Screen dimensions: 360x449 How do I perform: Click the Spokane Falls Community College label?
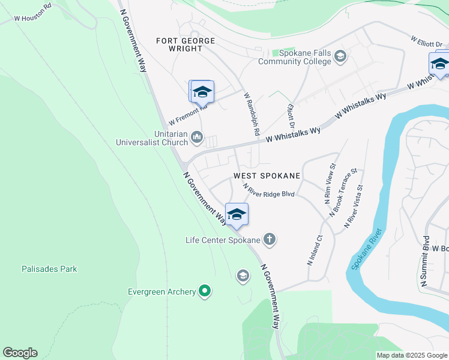pyautogui.click(x=295, y=57)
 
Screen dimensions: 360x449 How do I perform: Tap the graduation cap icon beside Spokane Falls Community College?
pyautogui.click(x=340, y=57)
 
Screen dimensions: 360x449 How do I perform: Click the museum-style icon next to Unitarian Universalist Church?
pyautogui.click(x=197, y=139)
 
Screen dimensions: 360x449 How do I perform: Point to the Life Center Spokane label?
pyautogui.click(x=223, y=240)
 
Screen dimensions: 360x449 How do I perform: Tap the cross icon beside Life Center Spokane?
pyautogui.click(x=270, y=240)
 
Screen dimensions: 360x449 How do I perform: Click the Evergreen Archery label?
pyautogui.click(x=162, y=292)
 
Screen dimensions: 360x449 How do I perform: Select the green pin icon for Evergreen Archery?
pyautogui.click(x=205, y=292)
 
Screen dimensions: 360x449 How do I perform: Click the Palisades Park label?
pyautogui.click(x=49, y=269)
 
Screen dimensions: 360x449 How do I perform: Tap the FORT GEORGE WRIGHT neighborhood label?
pyautogui.click(x=185, y=44)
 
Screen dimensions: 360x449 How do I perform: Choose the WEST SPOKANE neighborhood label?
pyautogui.click(x=267, y=176)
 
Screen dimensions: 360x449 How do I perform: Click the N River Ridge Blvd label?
pyautogui.click(x=268, y=191)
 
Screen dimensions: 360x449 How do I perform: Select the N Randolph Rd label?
pyautogui.click(x=252, y=113)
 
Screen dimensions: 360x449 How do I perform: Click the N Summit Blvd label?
pyautogui.click(x=427, y=266)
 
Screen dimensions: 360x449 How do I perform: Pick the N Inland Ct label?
pyautogui.click(x=315, y=251)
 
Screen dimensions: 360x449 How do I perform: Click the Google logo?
pyautogui.click(x=20, y=353)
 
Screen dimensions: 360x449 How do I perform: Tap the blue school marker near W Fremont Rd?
pyautogui.click(x=202, y=92)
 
